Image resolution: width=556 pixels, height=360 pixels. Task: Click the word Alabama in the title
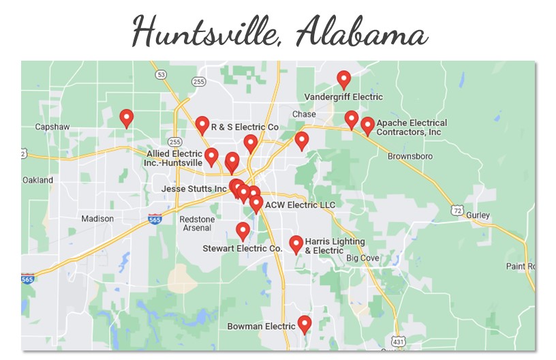[361, 31]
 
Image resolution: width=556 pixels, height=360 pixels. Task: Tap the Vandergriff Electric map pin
[344, 80]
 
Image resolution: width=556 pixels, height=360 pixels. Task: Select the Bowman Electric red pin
[305, 324]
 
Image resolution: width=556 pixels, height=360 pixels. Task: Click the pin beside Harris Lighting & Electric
[296, 244]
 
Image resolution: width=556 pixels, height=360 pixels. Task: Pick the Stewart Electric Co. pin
[243, 231]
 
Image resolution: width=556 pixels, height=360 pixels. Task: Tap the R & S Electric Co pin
[202, 125]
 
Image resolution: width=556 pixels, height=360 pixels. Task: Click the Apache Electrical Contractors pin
[367, 125]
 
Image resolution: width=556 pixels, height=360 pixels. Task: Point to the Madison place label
[97, 219]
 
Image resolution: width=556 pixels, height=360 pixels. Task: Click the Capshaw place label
[52, 127]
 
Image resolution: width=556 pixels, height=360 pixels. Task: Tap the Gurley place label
[478, 215]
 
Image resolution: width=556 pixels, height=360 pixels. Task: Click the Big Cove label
[362, 258]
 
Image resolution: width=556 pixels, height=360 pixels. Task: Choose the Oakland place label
[37, 180]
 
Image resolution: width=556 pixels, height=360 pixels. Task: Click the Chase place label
[304, 114]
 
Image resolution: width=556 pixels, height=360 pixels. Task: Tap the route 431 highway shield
[399, 340]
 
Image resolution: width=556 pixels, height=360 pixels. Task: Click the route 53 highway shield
[161, 73]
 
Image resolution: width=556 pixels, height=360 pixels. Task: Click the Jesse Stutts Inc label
[194, 188]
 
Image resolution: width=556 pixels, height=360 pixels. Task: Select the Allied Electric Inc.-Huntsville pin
[211, 157]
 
